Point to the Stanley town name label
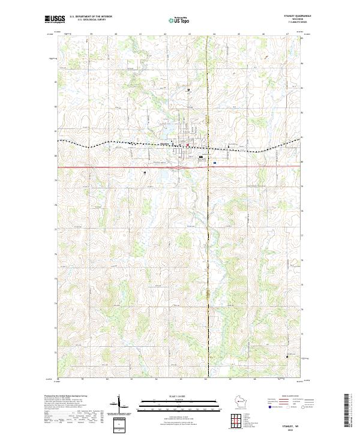pos(166,143)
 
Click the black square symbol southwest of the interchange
pos(145,172)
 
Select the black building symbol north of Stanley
pos(189,90)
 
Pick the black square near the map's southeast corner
pos(287,356)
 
